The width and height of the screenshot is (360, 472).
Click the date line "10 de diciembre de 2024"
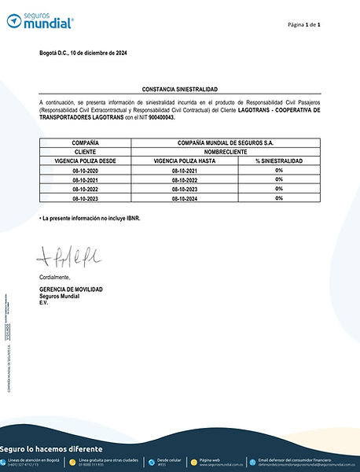click(83, 53)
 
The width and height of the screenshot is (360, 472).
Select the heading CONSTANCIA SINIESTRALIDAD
click(179, 91)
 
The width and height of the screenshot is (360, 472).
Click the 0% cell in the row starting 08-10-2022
click(278, 189)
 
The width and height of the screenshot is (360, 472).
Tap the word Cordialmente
click(54, 277)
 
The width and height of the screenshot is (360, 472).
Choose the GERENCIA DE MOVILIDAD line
click(71, 289)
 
